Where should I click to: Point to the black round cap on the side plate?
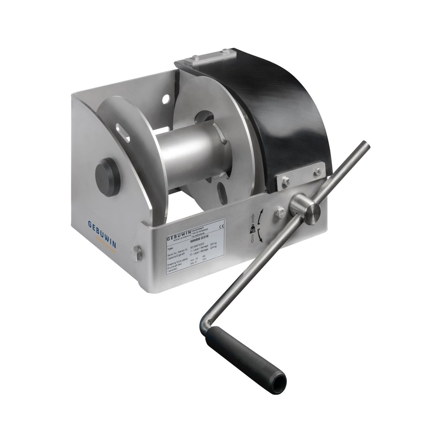tap(107, 170)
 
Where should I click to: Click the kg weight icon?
tap(252, 229)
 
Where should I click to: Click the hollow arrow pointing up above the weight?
tap(252, 219)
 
